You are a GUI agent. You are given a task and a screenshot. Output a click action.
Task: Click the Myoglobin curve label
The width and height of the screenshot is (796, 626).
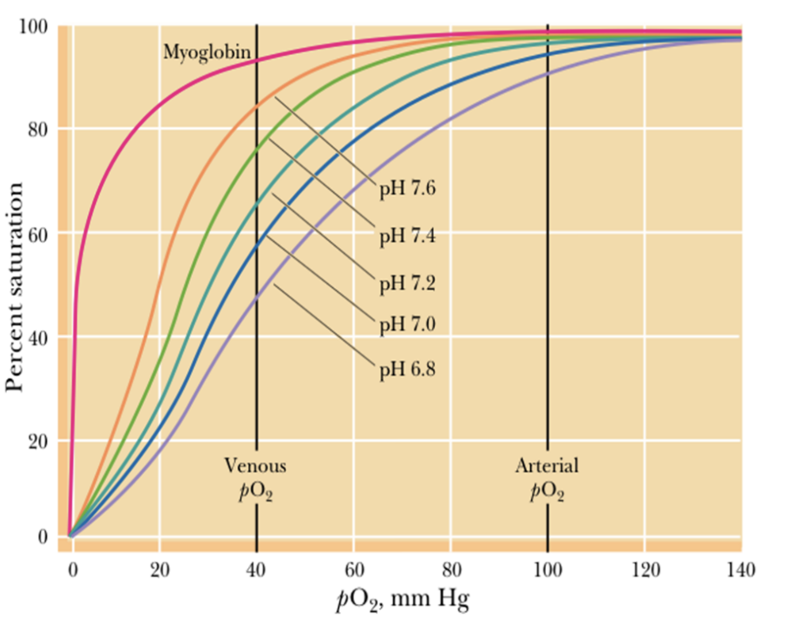pyautogui.click(x=208, y=53)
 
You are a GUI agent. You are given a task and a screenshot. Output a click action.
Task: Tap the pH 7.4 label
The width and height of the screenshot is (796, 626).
pyautogui.click(x=407, y=236)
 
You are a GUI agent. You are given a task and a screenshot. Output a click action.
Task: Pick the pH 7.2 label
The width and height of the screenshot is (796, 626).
pyautogui.click(x=407, y=282)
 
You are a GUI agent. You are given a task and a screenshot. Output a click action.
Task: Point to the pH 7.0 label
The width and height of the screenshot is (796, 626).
pyautogui.click(x=407, y=325)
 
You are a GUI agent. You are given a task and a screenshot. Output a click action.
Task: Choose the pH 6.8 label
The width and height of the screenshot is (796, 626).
pyautogui.click(x=407, y=370)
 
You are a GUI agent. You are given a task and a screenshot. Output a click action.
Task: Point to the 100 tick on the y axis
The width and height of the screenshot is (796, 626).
pyautogui.click(x=37, y=26)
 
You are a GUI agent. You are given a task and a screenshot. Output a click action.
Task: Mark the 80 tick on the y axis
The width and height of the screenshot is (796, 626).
pyautogui.click(x=40, y=129)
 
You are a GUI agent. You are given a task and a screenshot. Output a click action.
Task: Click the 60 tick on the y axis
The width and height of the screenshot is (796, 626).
pyautogui.click(x=40, y=233)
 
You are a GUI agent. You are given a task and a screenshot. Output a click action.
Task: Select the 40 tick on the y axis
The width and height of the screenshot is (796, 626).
pyautogui.click(x=40, y=337)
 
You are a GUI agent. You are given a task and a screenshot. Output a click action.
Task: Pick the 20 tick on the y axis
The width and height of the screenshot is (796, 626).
pyautogui.click(x=40, y=440)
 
